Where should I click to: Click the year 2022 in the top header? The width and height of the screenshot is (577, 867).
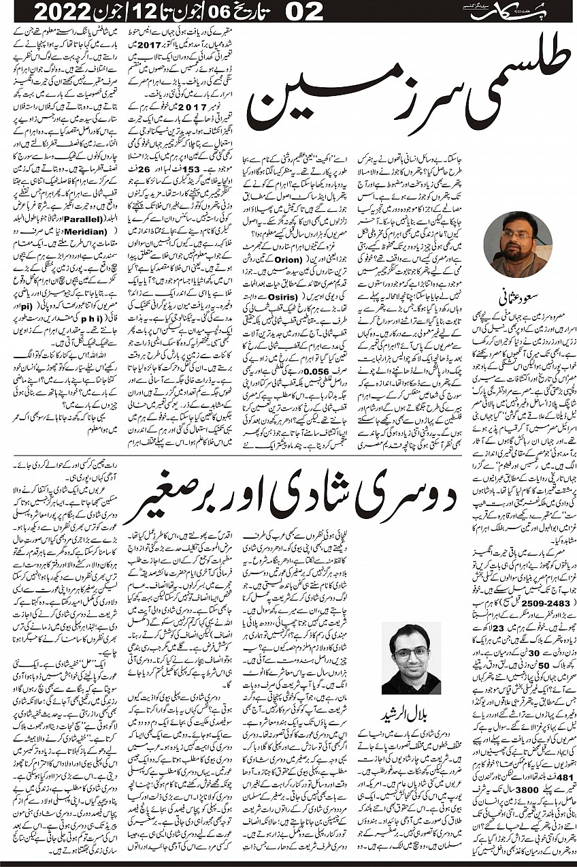tap(65, 12)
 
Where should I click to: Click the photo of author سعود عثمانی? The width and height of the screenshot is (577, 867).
tap(518, 244)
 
